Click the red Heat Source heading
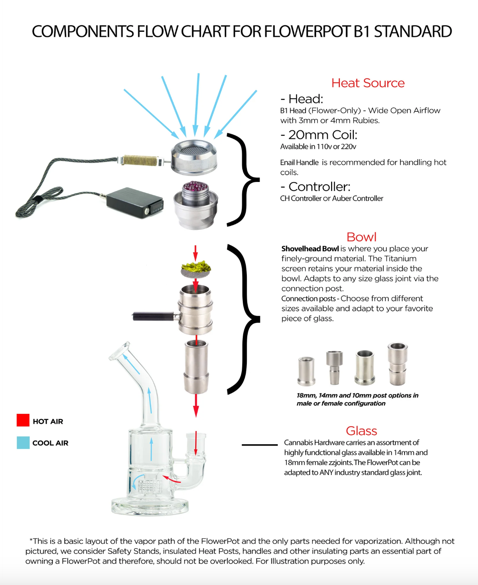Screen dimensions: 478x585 pos(368,83)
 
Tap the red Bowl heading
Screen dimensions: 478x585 pos(362,237)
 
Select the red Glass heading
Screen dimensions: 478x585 pos(362,431)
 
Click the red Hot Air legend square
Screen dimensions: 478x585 pos(23,420)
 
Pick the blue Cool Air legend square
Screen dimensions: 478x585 pos(23,443)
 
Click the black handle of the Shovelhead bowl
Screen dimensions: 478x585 pos(154,316)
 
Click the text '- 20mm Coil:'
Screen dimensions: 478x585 pos(319,135)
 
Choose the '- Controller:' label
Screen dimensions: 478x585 pos(315,186)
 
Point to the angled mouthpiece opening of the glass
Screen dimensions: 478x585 pos(119,351)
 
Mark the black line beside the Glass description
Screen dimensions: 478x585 pos(260,445)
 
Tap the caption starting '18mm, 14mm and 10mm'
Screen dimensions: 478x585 pos(357,399)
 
